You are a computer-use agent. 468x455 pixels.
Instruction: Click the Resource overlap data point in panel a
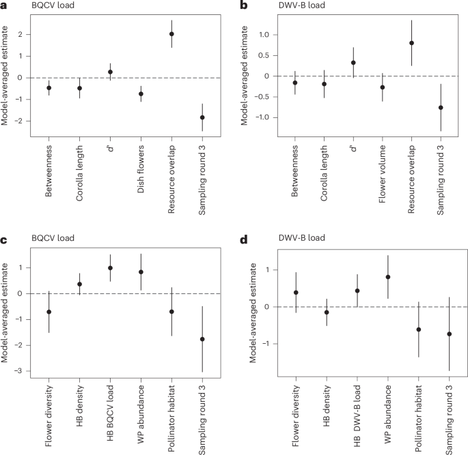coord(171,34)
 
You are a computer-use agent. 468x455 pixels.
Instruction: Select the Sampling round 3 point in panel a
coord(202,117)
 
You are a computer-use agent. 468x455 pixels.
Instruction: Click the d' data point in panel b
coord(353,63)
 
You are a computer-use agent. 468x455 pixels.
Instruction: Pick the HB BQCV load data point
coord(110,268)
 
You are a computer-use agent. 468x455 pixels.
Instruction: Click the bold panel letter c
coord(4,239)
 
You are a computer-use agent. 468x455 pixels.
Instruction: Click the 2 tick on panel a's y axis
coord(30,34)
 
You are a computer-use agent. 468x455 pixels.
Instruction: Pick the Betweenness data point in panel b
coord(294,83)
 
